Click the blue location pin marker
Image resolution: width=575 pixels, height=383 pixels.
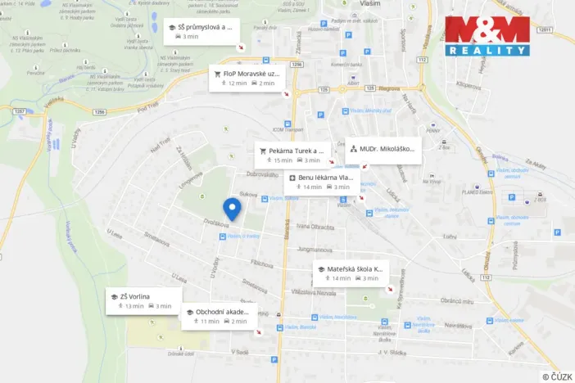[232, 209]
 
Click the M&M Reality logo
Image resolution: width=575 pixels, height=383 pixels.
[487, 36]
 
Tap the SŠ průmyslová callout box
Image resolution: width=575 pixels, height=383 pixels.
[201, 31]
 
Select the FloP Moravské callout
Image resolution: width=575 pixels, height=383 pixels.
[245, 77]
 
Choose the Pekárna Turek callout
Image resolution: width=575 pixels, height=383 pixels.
[292, 155]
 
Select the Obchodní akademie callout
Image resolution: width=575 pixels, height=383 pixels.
[218, 316]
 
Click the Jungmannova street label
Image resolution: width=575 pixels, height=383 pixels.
[315, 248]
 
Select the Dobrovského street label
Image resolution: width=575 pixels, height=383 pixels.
[264, 173]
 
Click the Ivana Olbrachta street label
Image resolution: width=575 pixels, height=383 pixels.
[316, 227]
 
